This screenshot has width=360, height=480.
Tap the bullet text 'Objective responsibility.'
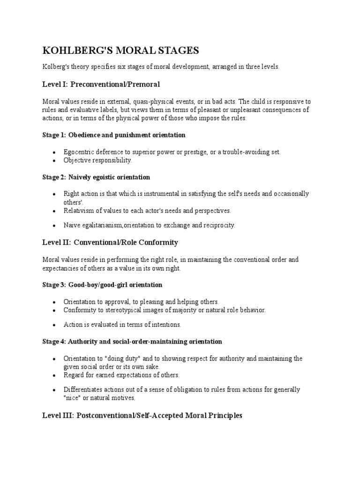(x=98, y=160)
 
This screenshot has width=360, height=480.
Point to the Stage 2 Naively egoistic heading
(x=96, y=177)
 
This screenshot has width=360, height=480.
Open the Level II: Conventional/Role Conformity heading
(x=110, y=242)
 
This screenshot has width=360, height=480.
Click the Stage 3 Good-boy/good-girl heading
(x=102, y=285)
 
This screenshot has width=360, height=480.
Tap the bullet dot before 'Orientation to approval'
(x=55, y=302)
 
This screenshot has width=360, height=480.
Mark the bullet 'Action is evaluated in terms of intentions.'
(x=122, y=324)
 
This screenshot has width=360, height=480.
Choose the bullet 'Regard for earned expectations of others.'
(x=121, y=375)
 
